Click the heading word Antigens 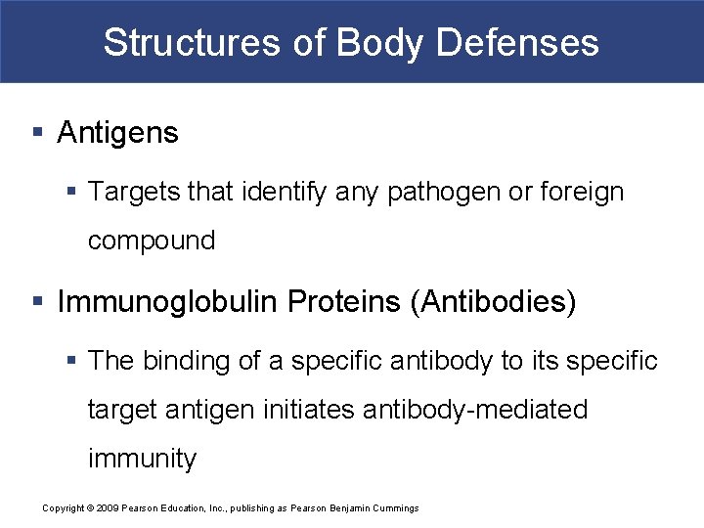click(x=118, y=133)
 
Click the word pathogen click(x=442, y=193)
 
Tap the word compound click(x=152, y=242)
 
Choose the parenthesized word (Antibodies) click(x=494, y=302)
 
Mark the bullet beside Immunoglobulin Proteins click(x=36, y=302)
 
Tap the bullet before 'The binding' click(x=74, y=361)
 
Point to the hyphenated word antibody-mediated click(x=475, y=409)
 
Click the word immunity click(x=142, y=458)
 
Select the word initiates click(x=310, y=409)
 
